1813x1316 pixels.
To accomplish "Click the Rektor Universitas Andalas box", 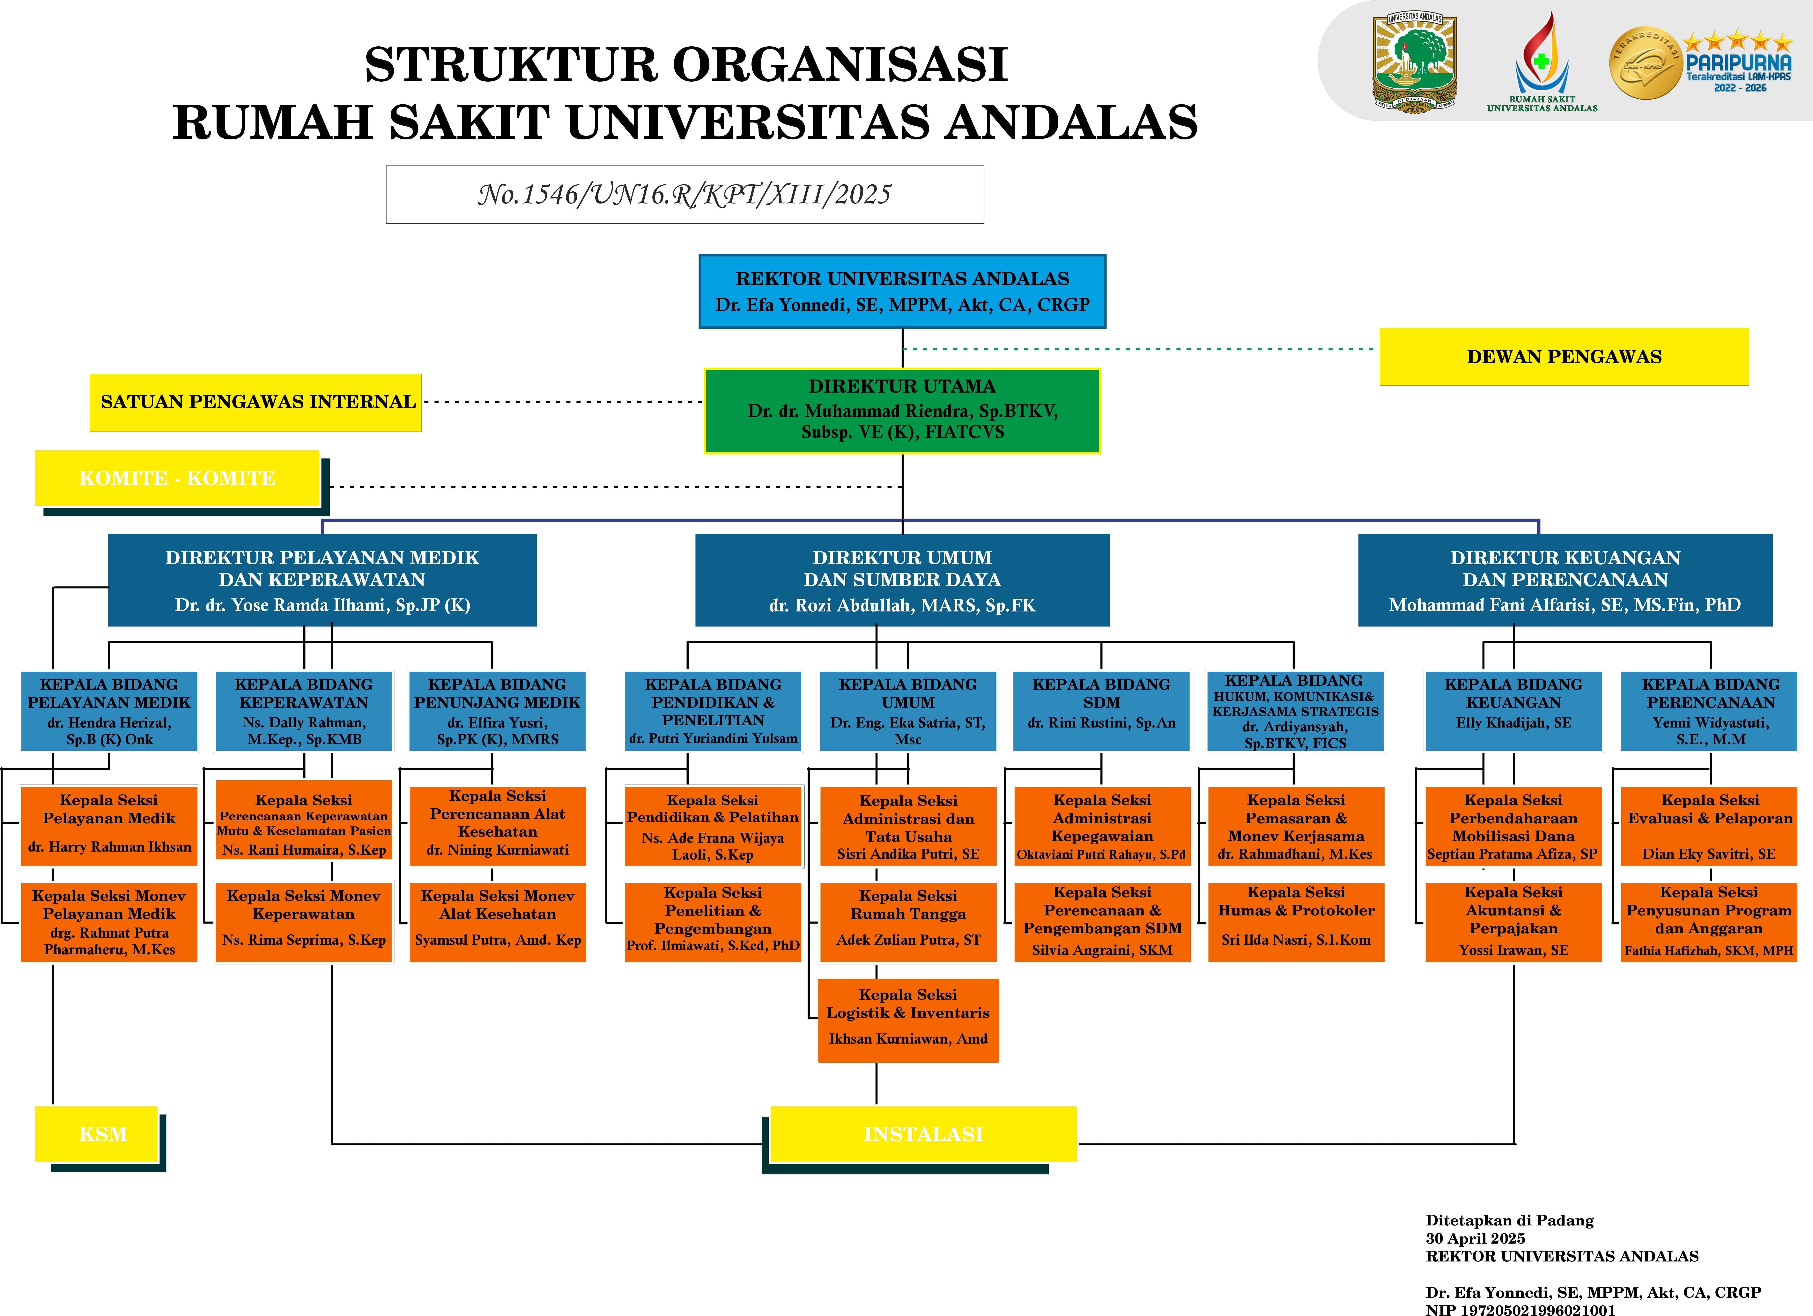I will pyautogui.click(x=902, y=291).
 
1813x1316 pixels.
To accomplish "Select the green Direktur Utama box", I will pyautogui.click(x=902, y=410).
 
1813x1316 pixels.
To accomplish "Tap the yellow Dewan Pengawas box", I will pyautogui.click(x=1564, y=357).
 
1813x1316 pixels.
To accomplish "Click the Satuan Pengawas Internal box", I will pyautogui.click(x=256, y=402).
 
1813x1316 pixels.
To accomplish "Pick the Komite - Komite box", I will pyautogui.click(x=177, y=478).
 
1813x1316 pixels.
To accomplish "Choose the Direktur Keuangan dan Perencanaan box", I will pyautogui.click(x=1564, y=580).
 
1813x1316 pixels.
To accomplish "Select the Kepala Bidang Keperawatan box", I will pyautogui.click(x=304, y=711).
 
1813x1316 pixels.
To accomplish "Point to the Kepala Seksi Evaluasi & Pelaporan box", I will pyautogui.click(x=1710, y=826).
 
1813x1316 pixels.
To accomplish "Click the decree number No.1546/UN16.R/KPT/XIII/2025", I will pyautogui.click(x=684, y=194).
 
